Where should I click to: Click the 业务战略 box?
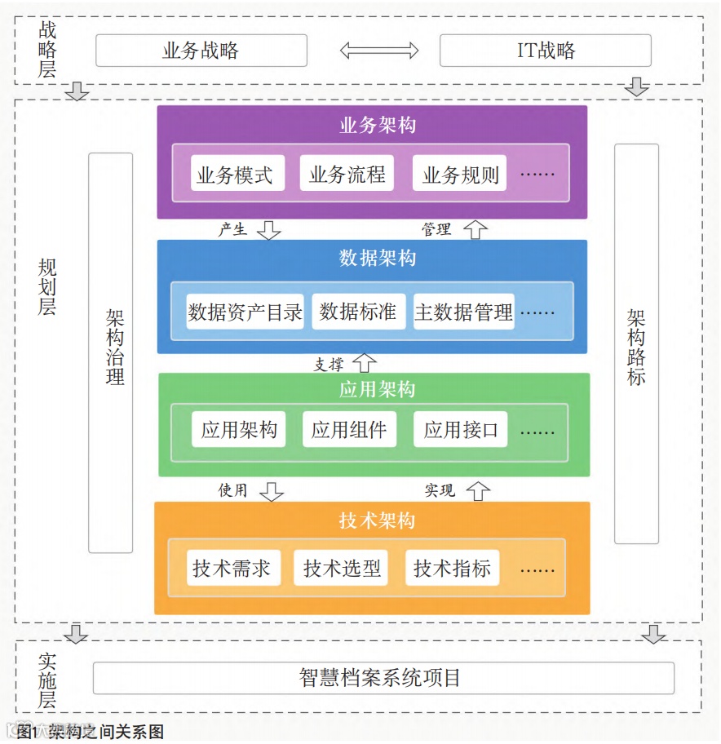coord(201,51)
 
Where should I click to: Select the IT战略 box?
coord(545,51)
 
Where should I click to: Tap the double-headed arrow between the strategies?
coord(378,51)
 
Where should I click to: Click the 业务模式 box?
coord(236,174)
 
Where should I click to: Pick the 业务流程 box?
coord(347,174)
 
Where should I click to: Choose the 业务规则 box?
coord(460,174)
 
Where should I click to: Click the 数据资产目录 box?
coord(245,312)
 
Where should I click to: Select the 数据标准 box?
coord(358,312)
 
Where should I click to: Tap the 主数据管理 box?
coord(464,312)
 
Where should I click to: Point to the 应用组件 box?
coord(349,430)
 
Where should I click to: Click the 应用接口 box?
coord(461,430)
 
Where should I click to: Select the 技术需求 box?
coord(232,568)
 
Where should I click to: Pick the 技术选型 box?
coord(342,568)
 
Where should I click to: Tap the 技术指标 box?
coord(453,568)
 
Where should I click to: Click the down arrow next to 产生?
coord(269,229)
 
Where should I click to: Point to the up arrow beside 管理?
coord(476,229)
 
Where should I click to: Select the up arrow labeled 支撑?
coord(365,363)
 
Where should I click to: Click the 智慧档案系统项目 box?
coord(383,678)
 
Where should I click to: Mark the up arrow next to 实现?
coord(478,490)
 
